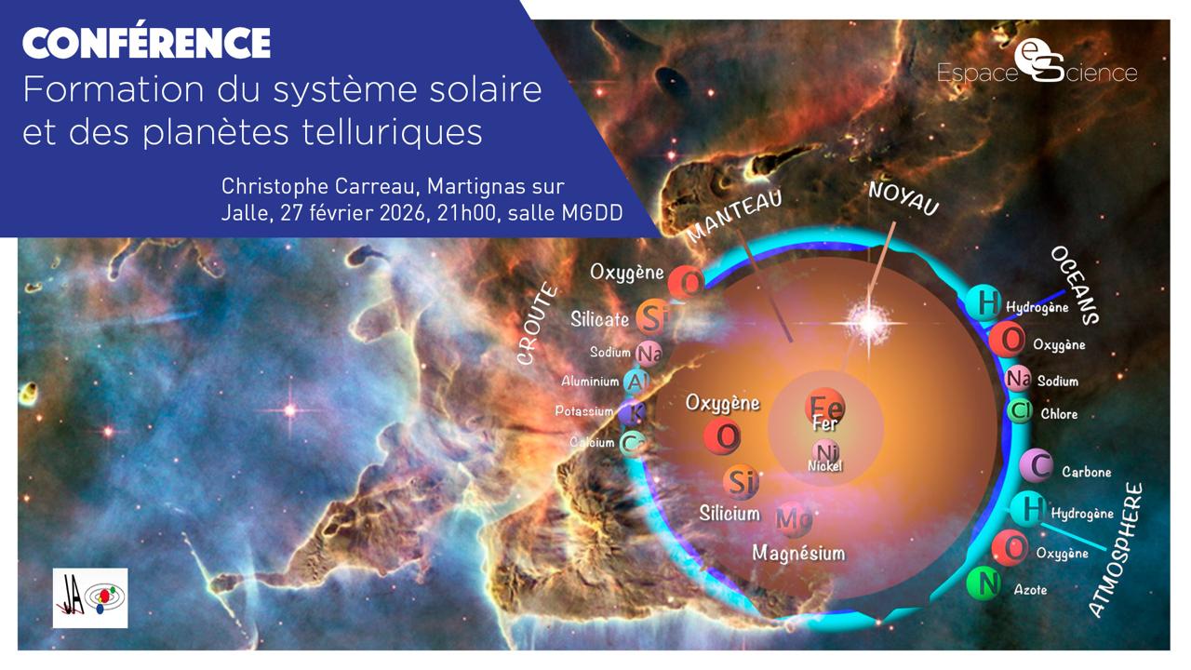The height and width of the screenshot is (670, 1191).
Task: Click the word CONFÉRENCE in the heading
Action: click(x=146, y=42)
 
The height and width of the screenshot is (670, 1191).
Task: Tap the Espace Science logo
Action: click(x=1037, y=65)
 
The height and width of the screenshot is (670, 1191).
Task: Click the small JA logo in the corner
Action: click(x=90, y=598)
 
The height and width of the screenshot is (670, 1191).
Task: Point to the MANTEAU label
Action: click(x=734, y=214)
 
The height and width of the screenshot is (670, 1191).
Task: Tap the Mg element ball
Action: click(x=794, y=517)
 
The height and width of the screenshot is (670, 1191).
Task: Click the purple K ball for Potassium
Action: click(x=636, y=411)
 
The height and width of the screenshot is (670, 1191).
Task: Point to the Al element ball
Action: click(x=637, y=382)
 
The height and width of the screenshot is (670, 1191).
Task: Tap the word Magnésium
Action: click(x=798, y=553)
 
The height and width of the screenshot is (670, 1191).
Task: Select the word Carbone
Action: click(x=1086, y=472)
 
